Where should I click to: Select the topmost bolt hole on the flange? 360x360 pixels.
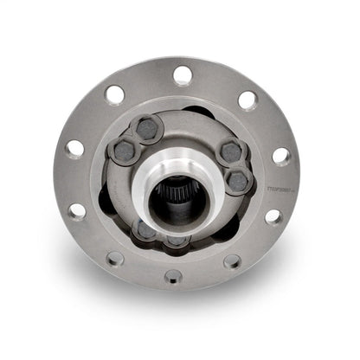click(x=182, y=75)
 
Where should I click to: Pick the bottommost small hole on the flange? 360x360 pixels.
click(x=174, y=275)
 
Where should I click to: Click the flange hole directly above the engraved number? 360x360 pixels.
click(x=280, y=156)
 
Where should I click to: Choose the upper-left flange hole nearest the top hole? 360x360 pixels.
click(x=115, y=94)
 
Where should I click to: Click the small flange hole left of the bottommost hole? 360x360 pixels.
click(x=115, y=257)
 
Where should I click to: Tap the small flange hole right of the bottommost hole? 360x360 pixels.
click(x=232, y=260)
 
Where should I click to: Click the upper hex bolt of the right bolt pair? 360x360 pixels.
click(x=229, y=152)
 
